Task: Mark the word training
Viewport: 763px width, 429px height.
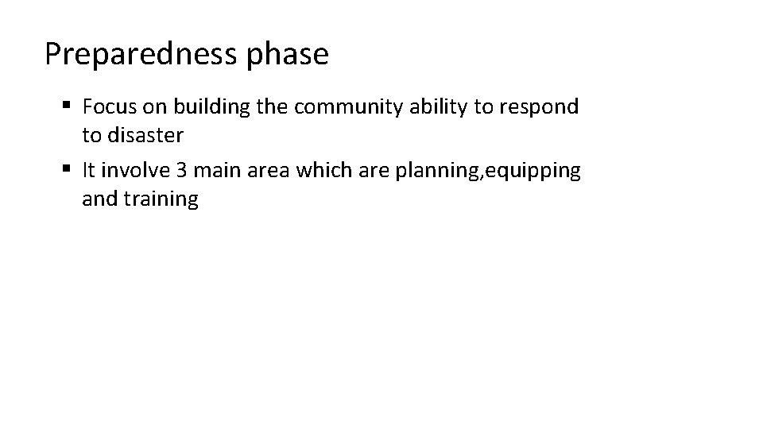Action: click(161, 199)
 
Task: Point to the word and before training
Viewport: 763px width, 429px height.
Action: click(99, 199)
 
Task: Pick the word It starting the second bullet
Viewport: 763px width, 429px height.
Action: click(88, 171)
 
